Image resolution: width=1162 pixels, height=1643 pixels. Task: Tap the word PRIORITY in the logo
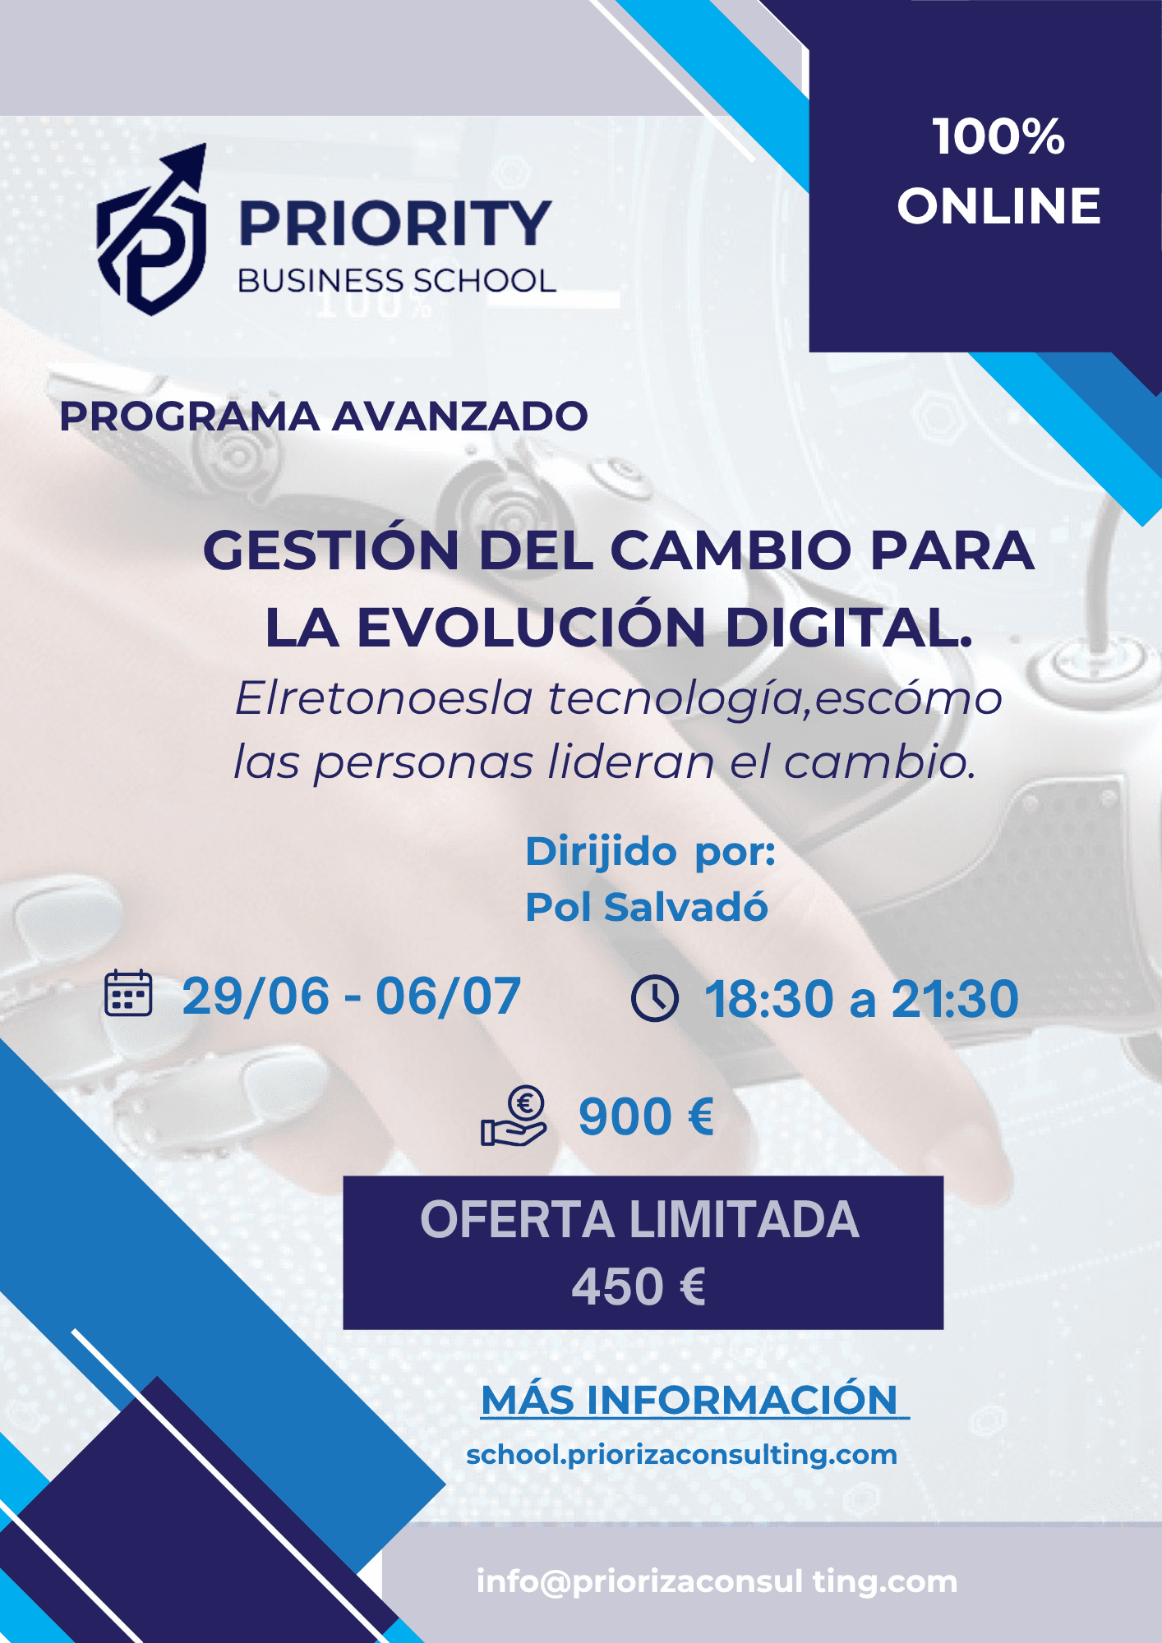[395, 223]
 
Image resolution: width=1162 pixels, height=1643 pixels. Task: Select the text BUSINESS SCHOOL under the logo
[397, 281]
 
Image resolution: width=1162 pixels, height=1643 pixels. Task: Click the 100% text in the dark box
[998, 136]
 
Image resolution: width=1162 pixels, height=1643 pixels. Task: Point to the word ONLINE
[998, 205]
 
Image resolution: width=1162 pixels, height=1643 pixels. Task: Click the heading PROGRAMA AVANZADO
[324, 416]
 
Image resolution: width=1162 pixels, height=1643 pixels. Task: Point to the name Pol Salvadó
[647, 908]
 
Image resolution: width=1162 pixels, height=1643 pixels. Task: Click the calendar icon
[128, 993]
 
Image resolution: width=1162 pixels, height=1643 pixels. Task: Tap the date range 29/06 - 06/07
[352, 996]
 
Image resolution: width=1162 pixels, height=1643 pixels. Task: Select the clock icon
[655, 999]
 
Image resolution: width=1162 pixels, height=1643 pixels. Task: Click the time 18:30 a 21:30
[862, 1000]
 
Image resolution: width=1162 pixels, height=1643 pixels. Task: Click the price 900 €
[647, 1117]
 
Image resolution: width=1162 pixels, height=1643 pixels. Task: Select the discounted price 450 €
[639, 1287]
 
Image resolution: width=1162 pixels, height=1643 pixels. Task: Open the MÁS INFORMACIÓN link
[695, 1400]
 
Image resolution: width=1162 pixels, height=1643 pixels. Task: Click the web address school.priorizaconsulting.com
[681, 1455]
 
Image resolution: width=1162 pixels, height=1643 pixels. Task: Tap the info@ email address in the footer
[717, 1581]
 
